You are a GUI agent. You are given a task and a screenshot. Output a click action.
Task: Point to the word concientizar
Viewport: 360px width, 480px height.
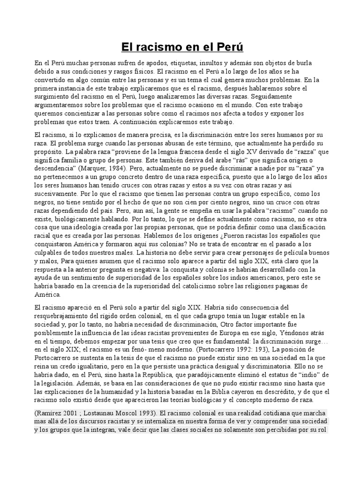(x=85, y=113)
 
